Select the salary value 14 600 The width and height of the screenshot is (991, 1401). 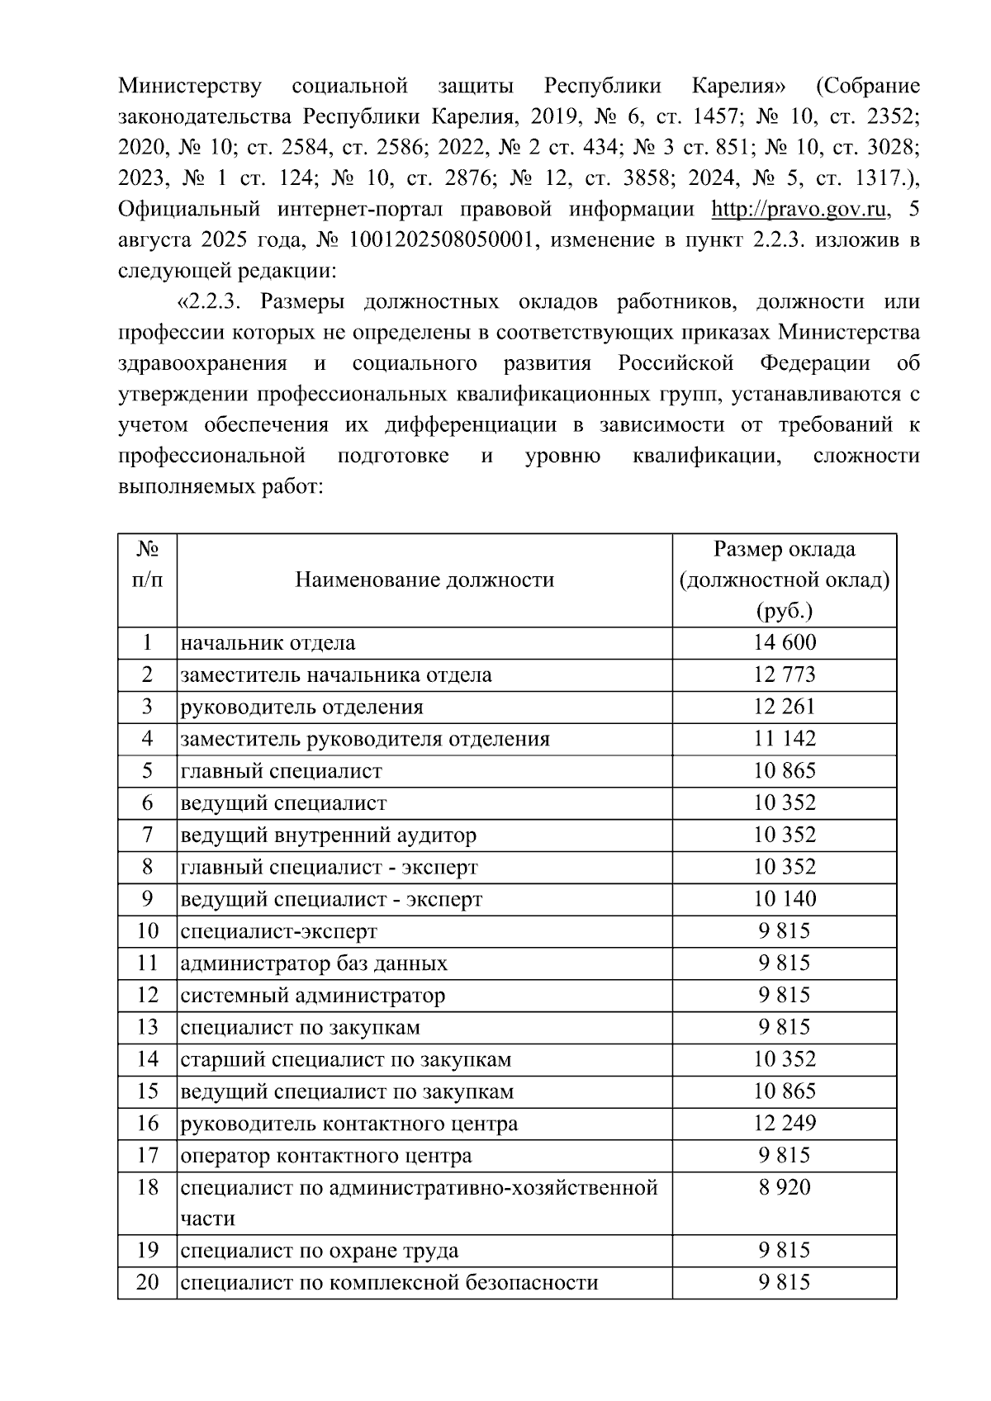tap(784, 642)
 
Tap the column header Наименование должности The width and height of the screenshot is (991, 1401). tap(424, 580)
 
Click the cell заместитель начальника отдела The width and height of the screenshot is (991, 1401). tap(336, 674)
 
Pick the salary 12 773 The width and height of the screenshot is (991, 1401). tap(784, 674)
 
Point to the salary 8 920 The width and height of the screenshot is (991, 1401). tap(784, 1187)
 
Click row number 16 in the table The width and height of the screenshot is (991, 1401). tap(147, 1123)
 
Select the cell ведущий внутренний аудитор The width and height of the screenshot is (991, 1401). tap(329, 835)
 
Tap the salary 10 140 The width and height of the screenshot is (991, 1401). tap(784, 898)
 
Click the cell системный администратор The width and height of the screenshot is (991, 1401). tap(313, 995)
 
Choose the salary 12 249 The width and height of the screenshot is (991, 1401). tap(784, 1123)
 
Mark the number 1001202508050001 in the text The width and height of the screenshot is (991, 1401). tap(445, 240)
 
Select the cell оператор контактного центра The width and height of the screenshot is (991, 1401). tap(326, 1155)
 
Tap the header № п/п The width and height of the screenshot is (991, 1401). tap(147, 565)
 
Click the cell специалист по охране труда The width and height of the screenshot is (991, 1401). tap(320, 1250)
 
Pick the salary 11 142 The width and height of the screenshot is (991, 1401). tap(784, 738)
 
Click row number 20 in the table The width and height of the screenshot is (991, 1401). tap(147, 1281)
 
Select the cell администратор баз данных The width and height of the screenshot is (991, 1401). tap(314, 963)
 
